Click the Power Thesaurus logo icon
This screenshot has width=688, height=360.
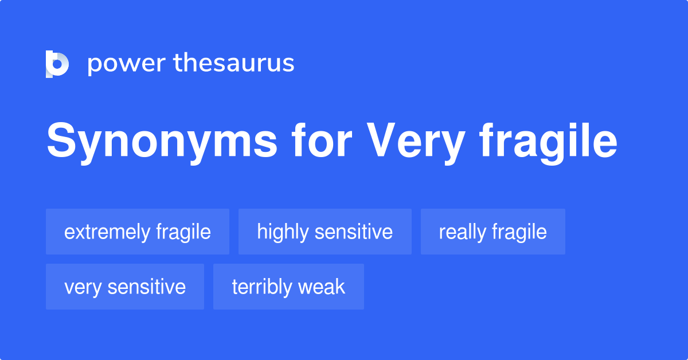(x=57, y=64)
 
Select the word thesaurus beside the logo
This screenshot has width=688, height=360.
(x=234, y=64)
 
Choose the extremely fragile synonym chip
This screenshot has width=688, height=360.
(x=138, y=232)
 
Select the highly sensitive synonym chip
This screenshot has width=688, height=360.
(x=325, y=232)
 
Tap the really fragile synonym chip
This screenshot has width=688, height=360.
(x=493, y=232)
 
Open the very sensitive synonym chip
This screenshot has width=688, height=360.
(x=125, y=287)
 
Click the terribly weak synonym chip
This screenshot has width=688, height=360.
(x=288, y=287)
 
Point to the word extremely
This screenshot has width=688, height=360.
(x=107, y=232)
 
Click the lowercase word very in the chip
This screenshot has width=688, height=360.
(x=82, y=287)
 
